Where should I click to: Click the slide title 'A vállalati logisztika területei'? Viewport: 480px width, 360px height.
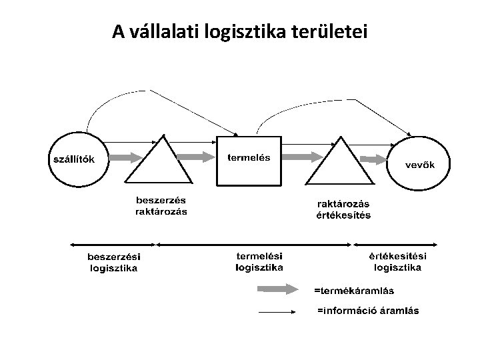[239, 31]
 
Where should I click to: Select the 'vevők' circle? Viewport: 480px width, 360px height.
[421, 163]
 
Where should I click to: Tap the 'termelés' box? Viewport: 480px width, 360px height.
[249, 160]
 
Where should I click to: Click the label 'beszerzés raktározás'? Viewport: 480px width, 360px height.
[161, 205]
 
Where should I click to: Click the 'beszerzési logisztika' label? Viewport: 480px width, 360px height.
[114, 263]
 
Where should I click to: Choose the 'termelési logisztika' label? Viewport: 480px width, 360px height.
[259, 261]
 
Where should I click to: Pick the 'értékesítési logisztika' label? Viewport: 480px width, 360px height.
[398, 262]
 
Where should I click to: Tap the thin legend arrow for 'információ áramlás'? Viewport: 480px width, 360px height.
[277, 311]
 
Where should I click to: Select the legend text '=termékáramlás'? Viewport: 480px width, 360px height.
[354, 290]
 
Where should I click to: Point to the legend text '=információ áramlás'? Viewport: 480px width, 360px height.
[368, 311]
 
